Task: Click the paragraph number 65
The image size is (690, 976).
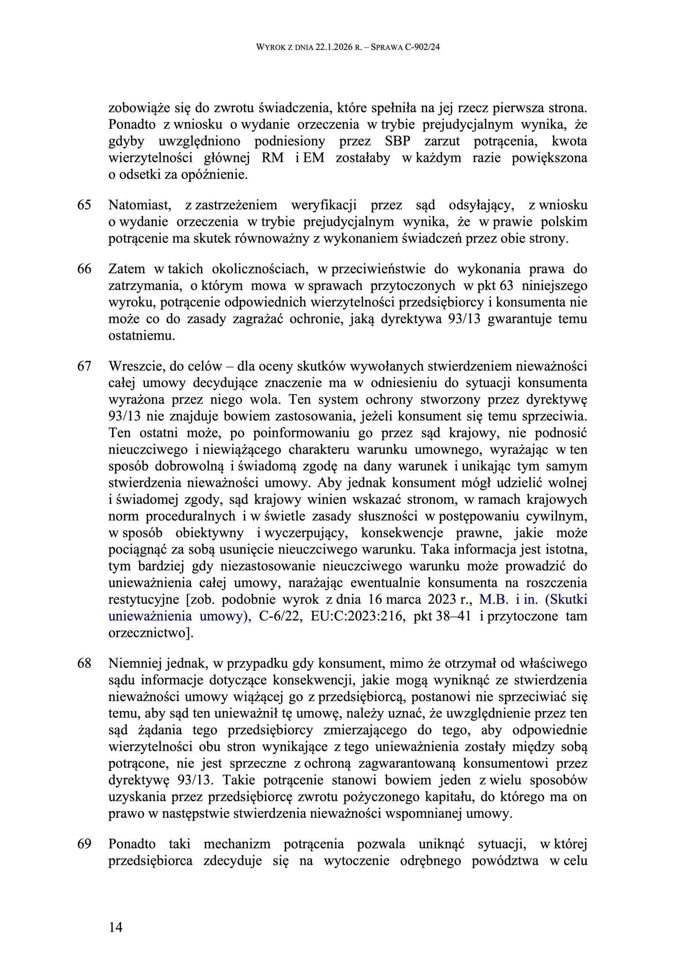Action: pyautogui.click(x=84, y=205)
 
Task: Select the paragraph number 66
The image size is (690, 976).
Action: pyautogui.click(x=84, y=269)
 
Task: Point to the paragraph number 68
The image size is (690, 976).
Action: pyautogui.click(x=84, y=663)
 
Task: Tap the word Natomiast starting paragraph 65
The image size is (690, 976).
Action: pyautogui.click(x=140, y=205)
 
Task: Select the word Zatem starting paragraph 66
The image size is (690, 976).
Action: pyautogui.click(x=126, y=269)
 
